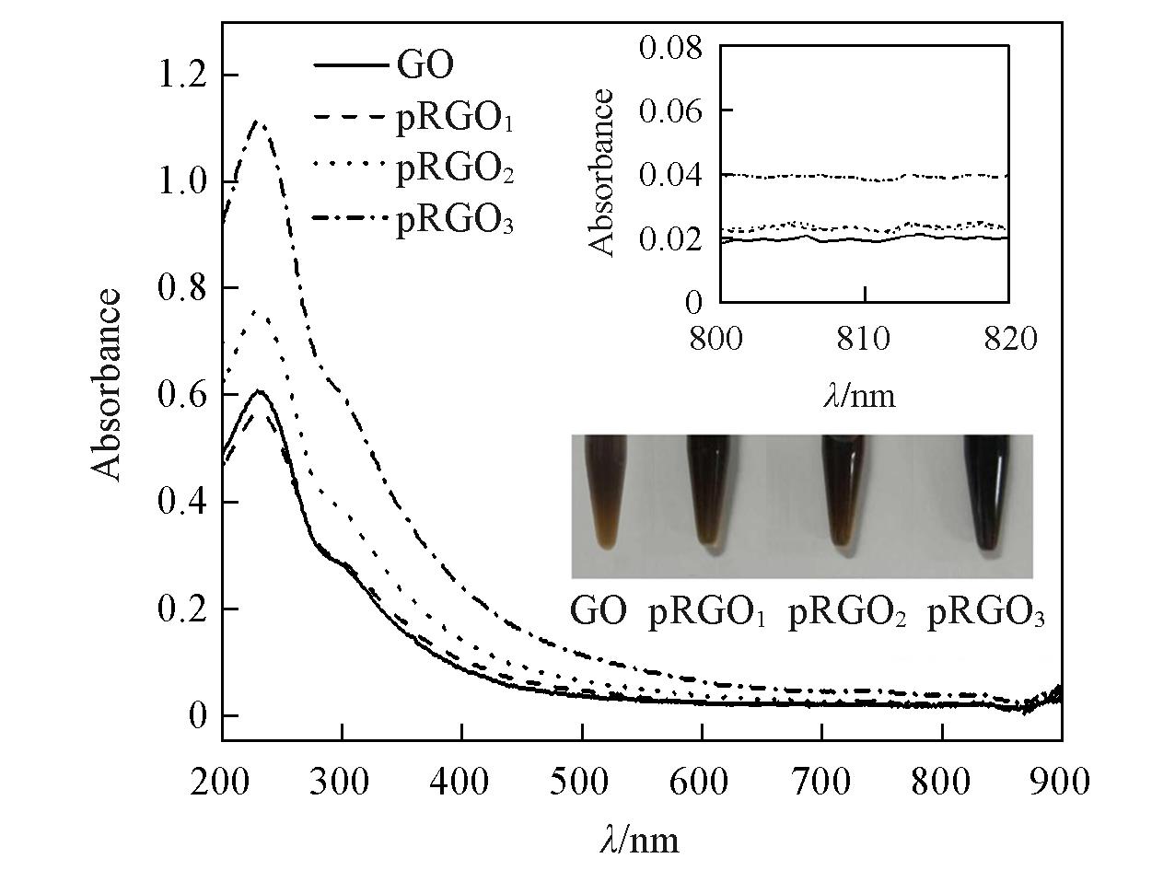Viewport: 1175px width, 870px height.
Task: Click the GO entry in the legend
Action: pyautogui.click(x=425, y=66)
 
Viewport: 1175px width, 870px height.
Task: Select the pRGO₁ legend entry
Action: pyautogui.click(x=453, y=120)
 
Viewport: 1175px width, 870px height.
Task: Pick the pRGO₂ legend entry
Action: pyautogui.click(x=453, y=171)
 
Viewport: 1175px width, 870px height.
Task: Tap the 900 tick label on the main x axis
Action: pyautogui.click(x=1061, y=783)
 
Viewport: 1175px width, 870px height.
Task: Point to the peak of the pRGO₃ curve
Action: pyautogui.click(x=260, y=122)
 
